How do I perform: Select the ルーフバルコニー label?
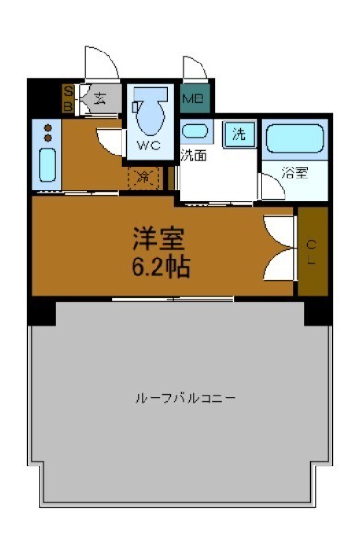[185, 398]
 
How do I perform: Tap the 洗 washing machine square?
[238, 134]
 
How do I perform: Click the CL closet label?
[311, 251]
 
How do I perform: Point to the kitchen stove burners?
[48, 132]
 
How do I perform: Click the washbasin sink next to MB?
[195, 131]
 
